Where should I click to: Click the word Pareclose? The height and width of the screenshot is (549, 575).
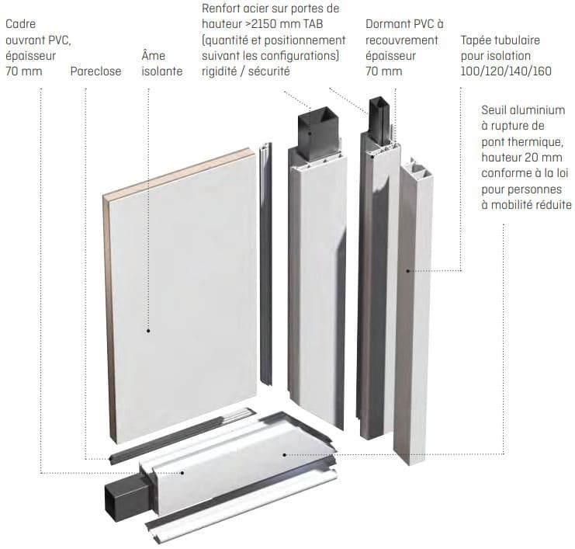95,72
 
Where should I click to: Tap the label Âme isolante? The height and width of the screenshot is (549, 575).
162,64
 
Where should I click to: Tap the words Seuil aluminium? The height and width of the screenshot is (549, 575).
523,110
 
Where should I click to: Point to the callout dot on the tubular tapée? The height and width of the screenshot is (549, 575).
407,270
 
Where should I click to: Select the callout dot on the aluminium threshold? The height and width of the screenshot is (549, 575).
285,453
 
